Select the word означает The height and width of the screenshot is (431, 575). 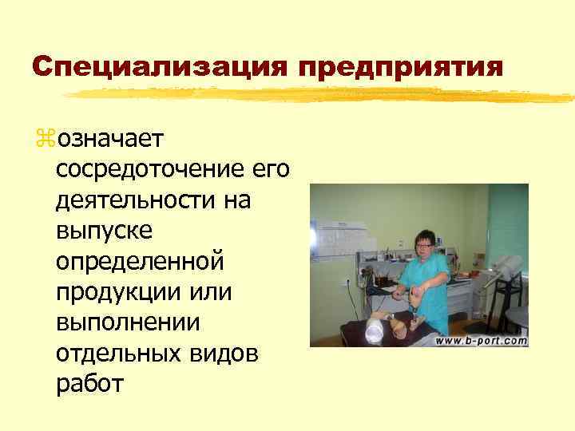(109, 140)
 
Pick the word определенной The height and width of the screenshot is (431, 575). (141, 262)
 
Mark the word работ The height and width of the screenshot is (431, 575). (89, 384)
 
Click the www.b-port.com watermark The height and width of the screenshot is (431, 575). (482, 341)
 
